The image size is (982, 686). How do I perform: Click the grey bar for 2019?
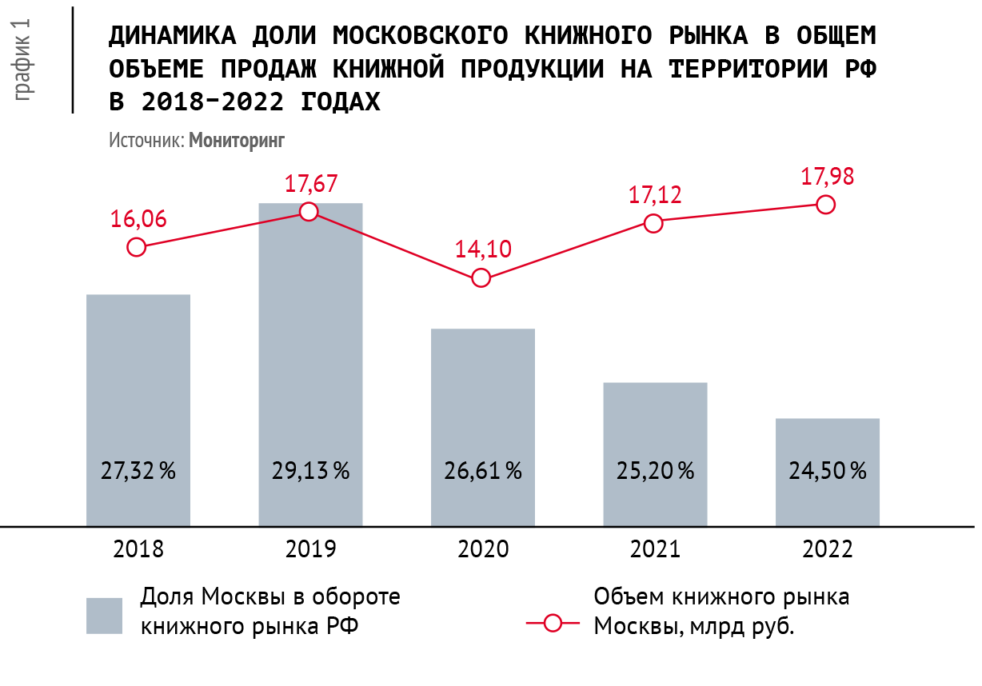tap(310, 365)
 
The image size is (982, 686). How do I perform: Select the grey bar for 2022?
tap(827, 473)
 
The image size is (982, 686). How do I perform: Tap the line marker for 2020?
tap(481, 278)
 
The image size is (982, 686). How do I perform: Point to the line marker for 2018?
tap(136, 247)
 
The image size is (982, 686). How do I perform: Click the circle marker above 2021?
tap(653, 224)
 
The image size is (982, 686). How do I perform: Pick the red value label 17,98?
tap(827, 177)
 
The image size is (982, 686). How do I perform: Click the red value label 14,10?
tap(483, 249)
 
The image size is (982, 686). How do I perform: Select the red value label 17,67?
tap(311, 184)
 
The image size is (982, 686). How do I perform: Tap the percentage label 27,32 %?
tap(138, 471)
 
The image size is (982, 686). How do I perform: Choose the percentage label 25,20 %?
tap(656, 471)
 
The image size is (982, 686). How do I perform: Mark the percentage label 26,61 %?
tap(483, 471)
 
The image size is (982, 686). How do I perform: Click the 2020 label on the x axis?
tap(483, 548)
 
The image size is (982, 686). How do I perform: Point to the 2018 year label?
tap(138, 548)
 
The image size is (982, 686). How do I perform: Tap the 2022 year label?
tap(827, 548)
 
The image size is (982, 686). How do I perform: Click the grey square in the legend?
tap(104, 616)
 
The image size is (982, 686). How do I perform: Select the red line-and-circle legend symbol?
tap(553, 623)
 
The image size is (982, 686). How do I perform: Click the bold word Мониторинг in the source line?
tap(237, 141)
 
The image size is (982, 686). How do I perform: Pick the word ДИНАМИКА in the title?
tap(172, 35)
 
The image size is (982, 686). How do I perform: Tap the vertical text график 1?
tap(22, 60)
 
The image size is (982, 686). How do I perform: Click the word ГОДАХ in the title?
tap(341, 102)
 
